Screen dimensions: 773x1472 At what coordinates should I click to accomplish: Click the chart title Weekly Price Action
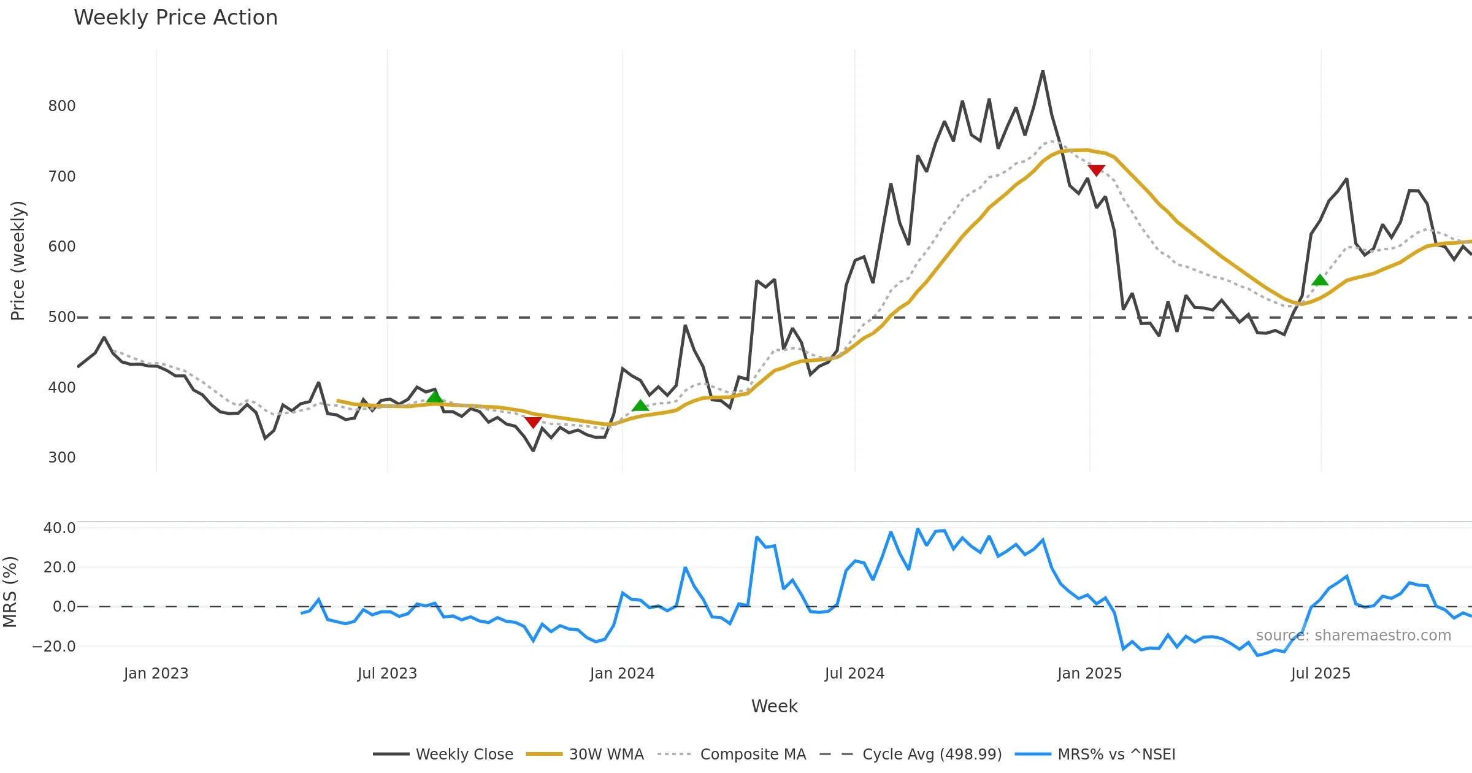click(175, 18)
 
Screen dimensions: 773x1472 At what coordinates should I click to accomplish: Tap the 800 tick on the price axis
click(62, 106)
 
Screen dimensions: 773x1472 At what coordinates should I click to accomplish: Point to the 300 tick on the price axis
click(62, 458)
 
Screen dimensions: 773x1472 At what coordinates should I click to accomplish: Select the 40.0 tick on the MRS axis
click(59, 528)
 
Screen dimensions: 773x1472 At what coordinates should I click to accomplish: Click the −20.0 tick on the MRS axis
click(54, 647)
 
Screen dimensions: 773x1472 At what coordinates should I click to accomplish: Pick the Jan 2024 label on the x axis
click(622, 674)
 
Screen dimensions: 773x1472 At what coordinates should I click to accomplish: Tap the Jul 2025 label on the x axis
click(1321, 674)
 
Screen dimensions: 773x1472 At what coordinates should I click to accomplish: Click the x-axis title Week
click(774, 707)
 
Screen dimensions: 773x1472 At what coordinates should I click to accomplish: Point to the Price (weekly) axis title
click(18, 261)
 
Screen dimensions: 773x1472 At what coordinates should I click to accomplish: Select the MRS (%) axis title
click(10, 592)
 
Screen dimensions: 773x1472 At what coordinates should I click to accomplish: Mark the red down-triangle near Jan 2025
click(1096, 170)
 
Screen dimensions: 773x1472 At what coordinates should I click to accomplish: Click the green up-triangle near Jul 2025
click(1320, 280)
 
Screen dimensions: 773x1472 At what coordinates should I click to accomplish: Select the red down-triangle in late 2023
click(533, 422)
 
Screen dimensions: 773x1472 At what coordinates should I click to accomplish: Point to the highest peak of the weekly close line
click(1043, 71)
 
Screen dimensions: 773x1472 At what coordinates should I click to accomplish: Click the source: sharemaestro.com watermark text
click(1353, 636)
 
